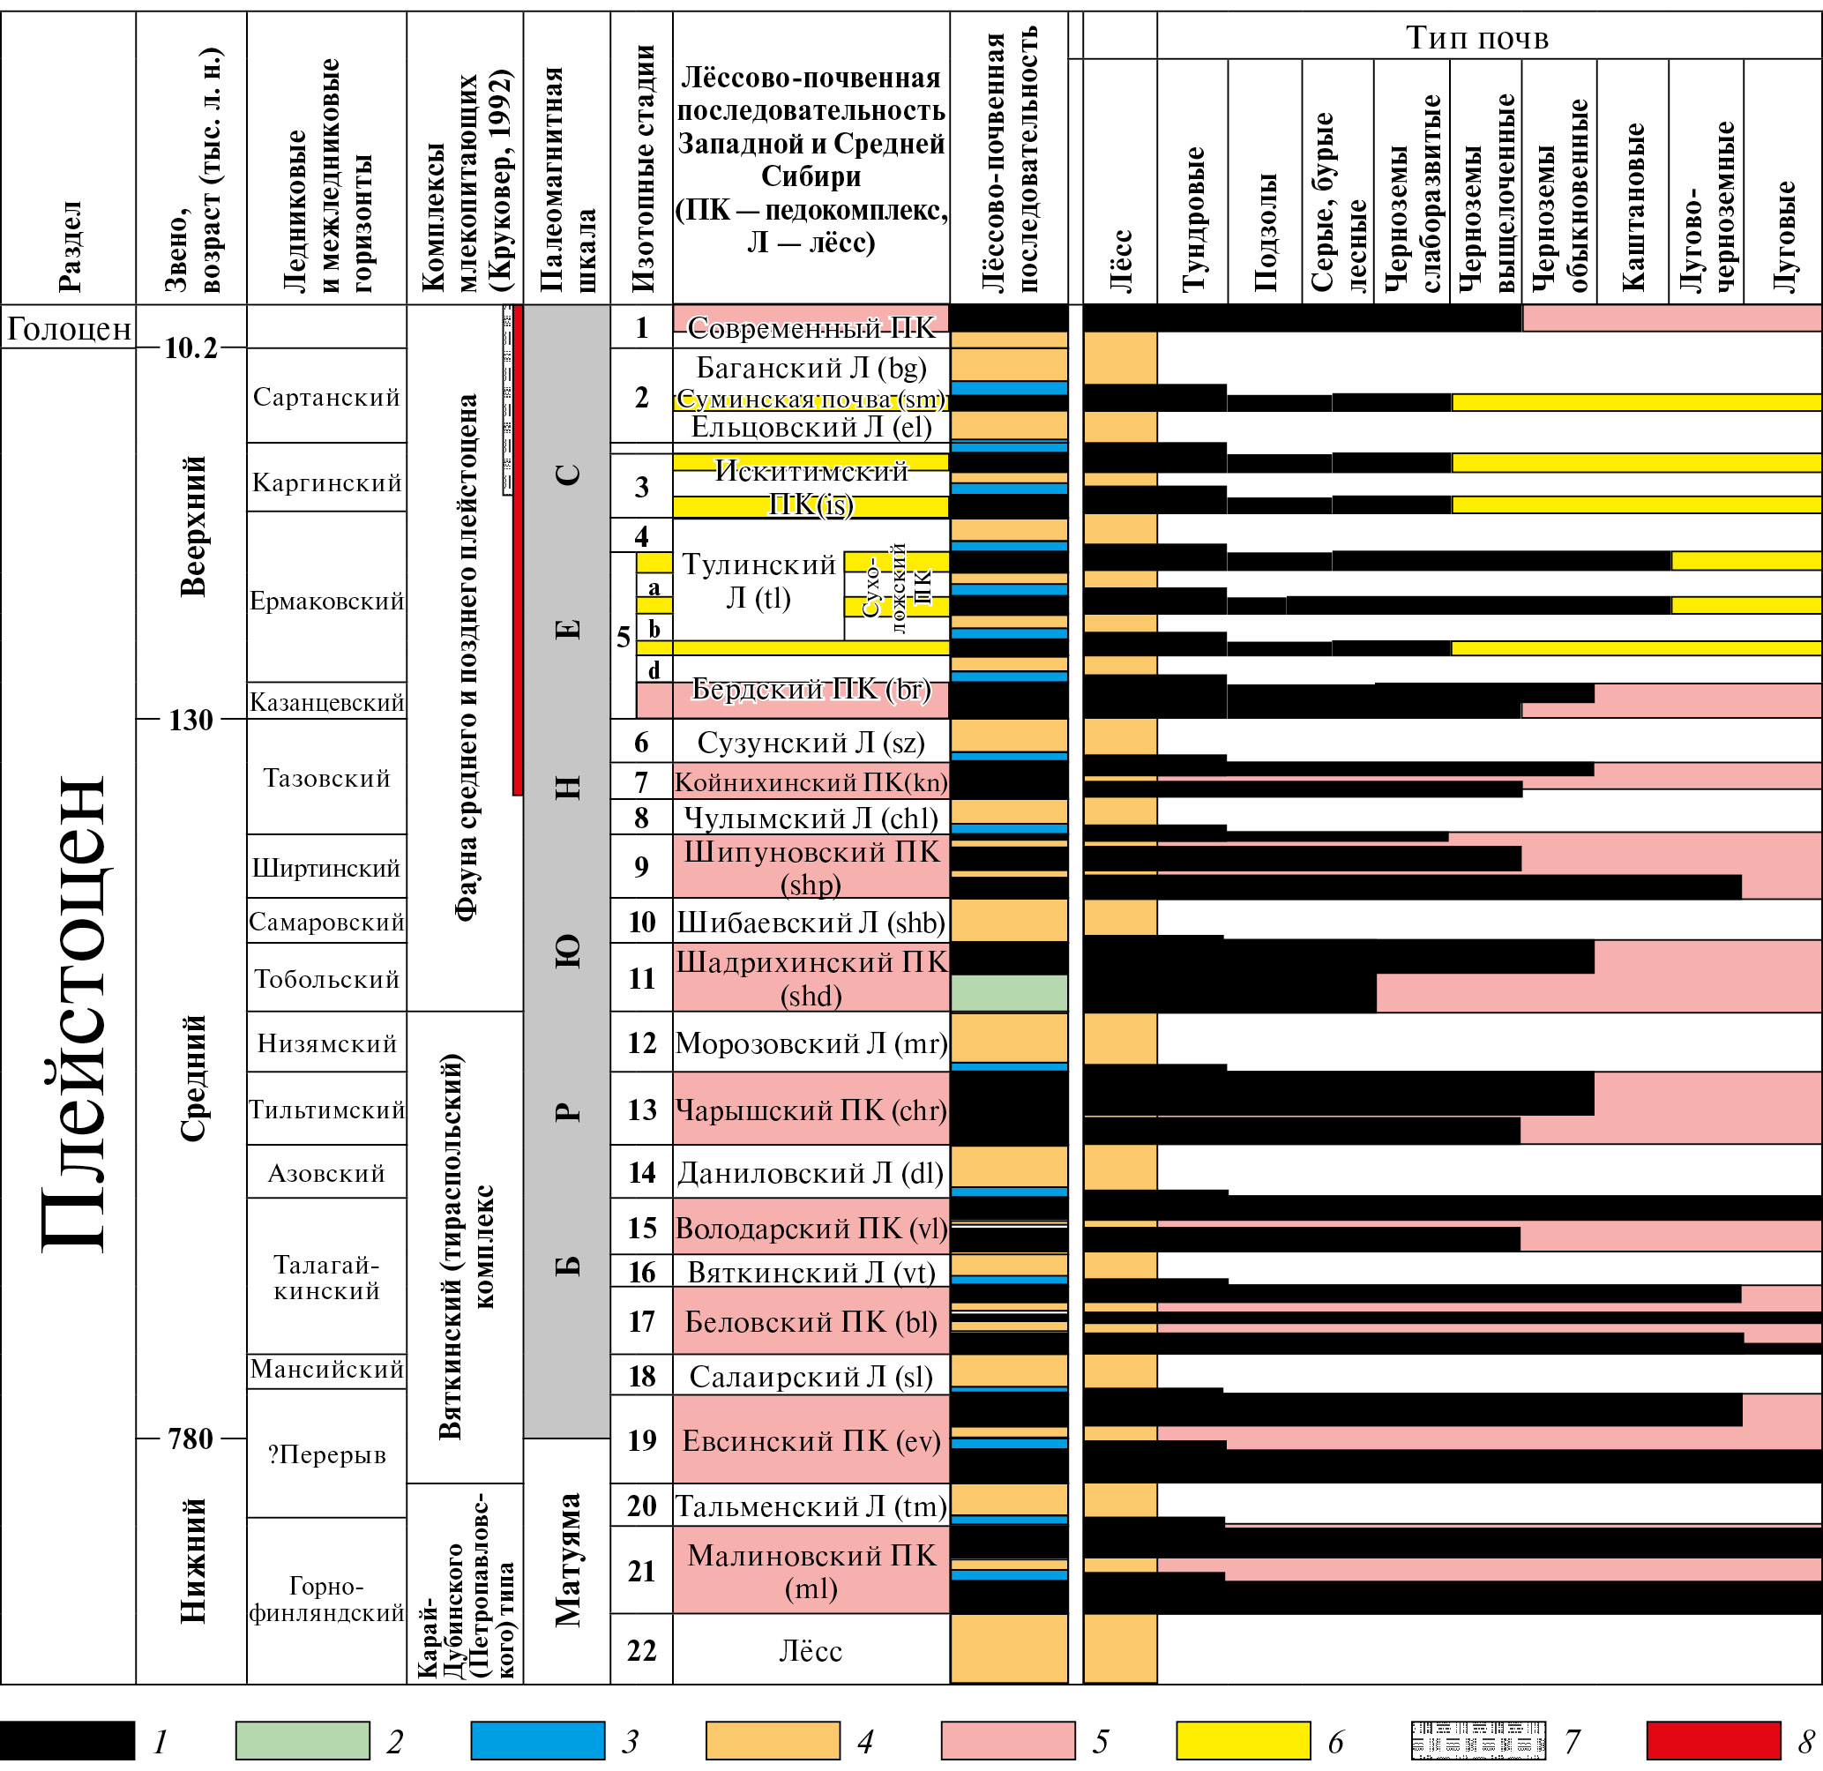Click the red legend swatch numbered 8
1713,1740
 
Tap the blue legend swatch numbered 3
538,1740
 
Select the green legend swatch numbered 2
303,1740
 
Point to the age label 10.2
191,347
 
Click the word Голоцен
69,328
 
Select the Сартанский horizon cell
326,397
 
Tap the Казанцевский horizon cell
326,702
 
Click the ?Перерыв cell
326,1454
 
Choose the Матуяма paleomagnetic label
567,1560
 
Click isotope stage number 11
642,978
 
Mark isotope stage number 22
642,1650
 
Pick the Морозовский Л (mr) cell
811,1043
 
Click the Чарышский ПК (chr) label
811,1110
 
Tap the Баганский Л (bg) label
811,369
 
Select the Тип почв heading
1477,37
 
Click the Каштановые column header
1632,205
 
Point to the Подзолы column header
1265,233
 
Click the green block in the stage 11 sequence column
1008,993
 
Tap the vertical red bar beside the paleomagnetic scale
518,549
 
